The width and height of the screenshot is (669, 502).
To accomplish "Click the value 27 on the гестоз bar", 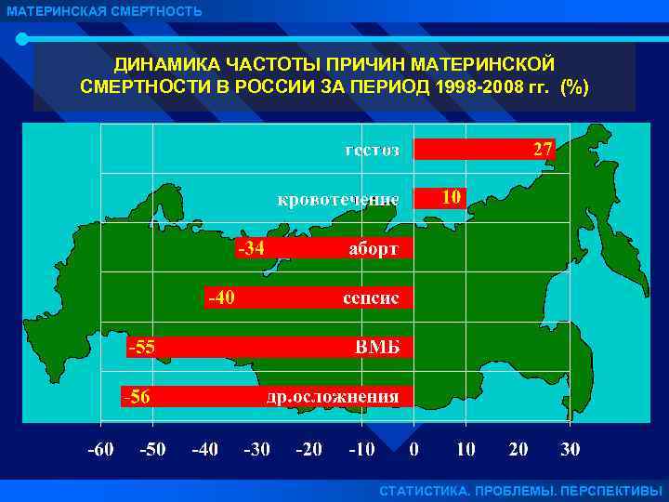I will pyautogui.click(x=543, y=150).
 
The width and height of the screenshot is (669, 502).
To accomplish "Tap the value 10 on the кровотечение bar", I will pyautogui.click(x=451, y=197).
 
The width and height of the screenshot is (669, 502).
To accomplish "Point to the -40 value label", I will pyautogui.click(x=221, y=297).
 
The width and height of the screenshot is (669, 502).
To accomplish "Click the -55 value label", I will pyautogui.click(x=141, y=347).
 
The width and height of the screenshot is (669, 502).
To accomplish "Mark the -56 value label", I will pyautogui.click(x=137, y=397).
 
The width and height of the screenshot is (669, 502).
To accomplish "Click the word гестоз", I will pyautogui.click(x=372, y=150).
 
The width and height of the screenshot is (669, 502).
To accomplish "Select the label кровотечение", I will pyautogui.click(x=339, y=199).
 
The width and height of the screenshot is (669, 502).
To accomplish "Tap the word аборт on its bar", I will pyautogui.click(x=374, y=249).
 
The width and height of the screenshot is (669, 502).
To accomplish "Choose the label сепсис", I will pyautogui.click(x=371, y=298).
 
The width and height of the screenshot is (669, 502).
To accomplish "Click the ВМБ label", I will pyautogui.click(x=379, y=347).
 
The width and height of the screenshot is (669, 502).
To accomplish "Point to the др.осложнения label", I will pyautogui.click(x=333, y=397).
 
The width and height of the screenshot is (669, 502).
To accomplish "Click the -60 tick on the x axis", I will pyautogui.click(x=100, y=449).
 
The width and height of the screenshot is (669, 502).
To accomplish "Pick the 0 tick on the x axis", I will pyautogui.click(x=413, y=449).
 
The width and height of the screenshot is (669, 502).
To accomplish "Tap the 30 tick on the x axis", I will pyautogui.click(x=570, y=449).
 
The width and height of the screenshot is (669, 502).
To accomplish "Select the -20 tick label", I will pyautogui.click(x=308, y=449).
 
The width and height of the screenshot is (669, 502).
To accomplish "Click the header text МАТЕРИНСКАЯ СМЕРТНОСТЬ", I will pyautogui.click(x=103, y=11).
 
